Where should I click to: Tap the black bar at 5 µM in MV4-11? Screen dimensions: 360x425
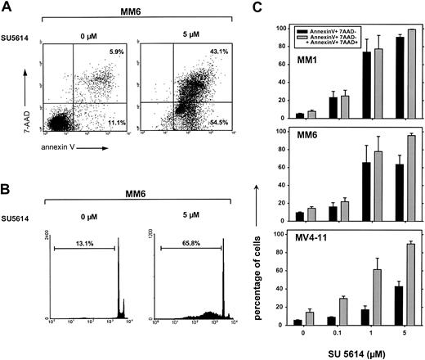click(x=396, y=308)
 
